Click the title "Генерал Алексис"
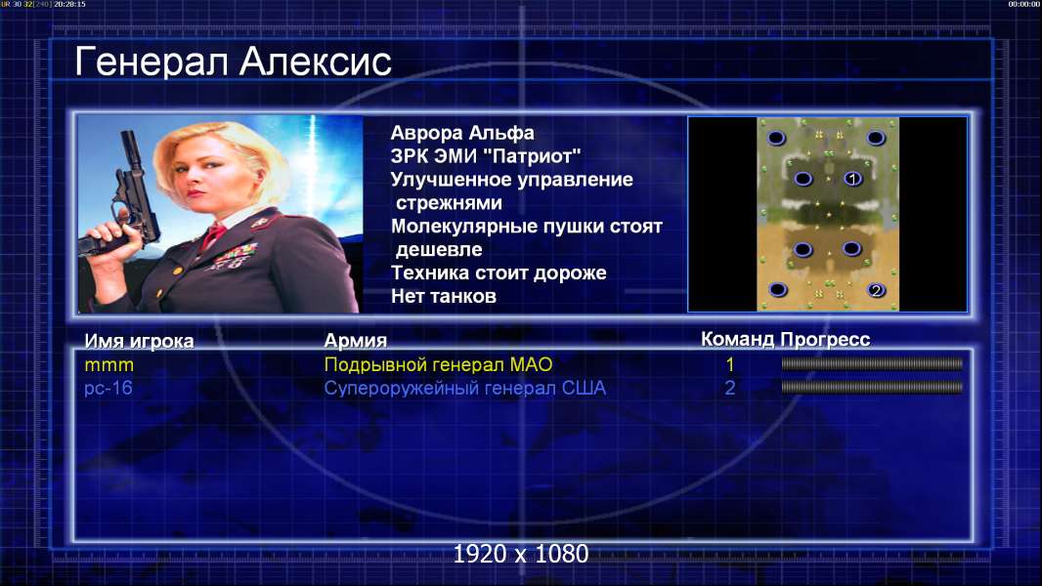click(x=233, y=63)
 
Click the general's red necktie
click(x=214, y=235)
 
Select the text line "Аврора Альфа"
click(x=461, y=133)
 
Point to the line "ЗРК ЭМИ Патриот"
click(x=486, y=156)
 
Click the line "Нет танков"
click(x=443, y=296)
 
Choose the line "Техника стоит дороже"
click(x=499, y=272)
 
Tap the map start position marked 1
click(x=852, y=179)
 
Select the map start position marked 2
click(x=877, y=290)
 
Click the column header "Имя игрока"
click(x=139, y=341)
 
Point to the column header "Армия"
click(x=355, y=341)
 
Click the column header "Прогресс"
click(x=825, y=340)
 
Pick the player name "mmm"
click(x=109, y=365)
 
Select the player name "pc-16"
click(x=109, y=389)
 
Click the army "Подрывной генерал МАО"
click(x=438, y=365)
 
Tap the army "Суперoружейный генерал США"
click(x=464, y=389)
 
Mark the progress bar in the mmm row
click(x=872, y=363)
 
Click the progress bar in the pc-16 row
click(x=872, y=387)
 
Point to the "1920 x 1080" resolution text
click(x=521, y=554)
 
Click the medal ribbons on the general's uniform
click(x=237, y=255)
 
